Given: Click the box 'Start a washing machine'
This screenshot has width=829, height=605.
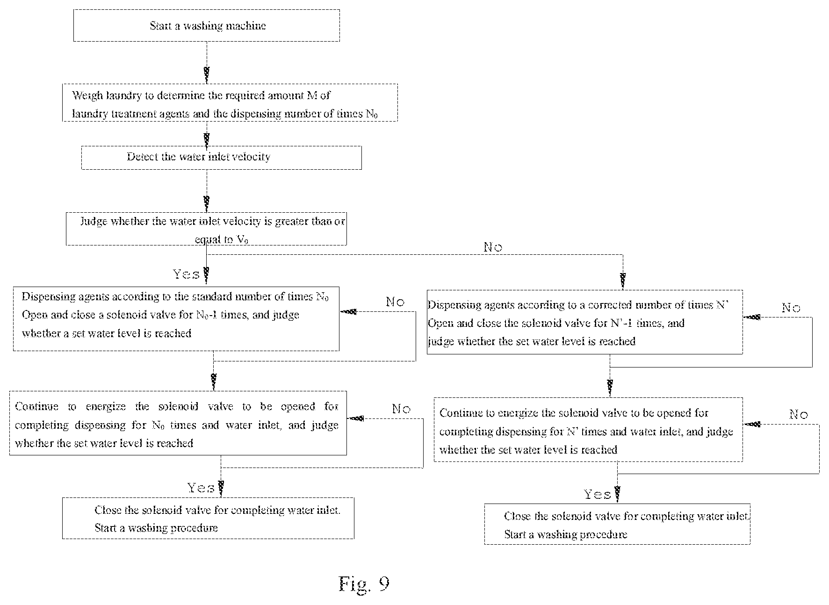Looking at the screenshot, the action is pyautogui.click(x=206, y=25).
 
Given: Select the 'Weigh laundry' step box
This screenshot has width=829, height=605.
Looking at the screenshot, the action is pyautogui.click(x=230, y=103).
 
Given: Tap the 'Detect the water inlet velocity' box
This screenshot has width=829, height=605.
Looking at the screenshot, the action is pyautogui.click(x=221, y=158).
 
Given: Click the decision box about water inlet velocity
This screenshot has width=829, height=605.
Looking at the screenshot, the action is pyautogui.click(x=206, y=228).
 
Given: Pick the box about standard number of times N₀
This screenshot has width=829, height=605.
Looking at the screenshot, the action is pyautogui.click(x=176, y=319).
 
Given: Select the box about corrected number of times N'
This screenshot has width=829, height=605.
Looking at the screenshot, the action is pyautogui.click(x=584, y=322).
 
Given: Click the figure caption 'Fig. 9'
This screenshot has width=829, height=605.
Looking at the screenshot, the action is pyautogui.click(x=364, y=584).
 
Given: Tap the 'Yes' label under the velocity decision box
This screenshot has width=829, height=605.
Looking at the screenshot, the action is pyautogui.click(x=186, y=274).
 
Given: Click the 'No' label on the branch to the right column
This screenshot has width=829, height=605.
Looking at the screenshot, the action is pyautogui.click(x=493, y=247).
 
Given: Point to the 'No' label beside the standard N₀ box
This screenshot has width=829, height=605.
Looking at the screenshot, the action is pyautogui.click(x=395, y=302).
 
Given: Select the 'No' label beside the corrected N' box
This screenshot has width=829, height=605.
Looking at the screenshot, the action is pyautogui.click(x=791, y=308).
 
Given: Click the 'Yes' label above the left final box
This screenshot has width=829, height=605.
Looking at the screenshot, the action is pyautogui.click(x=201, y=488).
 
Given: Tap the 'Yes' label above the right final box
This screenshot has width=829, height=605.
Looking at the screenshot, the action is pyautogui.click(x=598, y=494).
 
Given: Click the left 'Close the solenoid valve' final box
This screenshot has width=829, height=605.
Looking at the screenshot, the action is pyautogui.click(x=208, y=518).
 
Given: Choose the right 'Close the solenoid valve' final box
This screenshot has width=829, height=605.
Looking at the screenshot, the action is pyautogui.click(x=617, y=524).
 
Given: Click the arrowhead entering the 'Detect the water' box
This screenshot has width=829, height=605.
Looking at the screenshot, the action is pyautogui.click(x=206, y=139).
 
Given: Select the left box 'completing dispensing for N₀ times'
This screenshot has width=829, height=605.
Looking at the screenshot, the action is pyautogui.click(x=178, y=423).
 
